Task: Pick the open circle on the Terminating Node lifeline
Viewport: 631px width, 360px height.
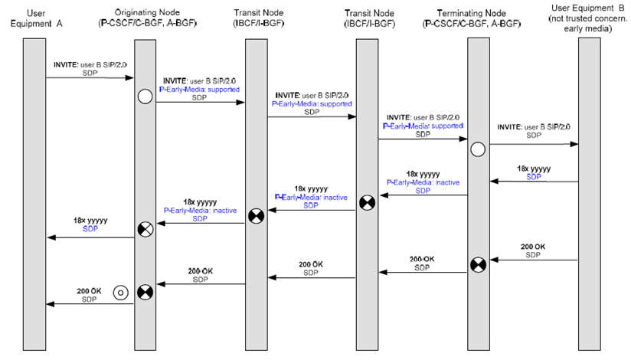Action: coord(477,149)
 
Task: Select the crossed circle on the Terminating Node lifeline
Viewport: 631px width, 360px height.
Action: coord(477,265)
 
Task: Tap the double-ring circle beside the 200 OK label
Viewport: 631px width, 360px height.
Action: coord(119,291)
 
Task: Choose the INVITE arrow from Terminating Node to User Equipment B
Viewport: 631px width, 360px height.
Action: coord(534,144)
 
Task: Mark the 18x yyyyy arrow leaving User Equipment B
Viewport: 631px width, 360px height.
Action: coord(534,182)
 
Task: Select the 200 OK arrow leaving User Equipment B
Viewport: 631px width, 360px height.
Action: coord(534,260)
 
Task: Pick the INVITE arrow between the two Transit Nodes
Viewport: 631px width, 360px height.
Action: coord(312,117)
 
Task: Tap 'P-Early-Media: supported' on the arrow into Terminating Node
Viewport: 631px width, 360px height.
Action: coord(423,125)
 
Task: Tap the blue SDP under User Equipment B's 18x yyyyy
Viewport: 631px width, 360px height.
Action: coord(533,175)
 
